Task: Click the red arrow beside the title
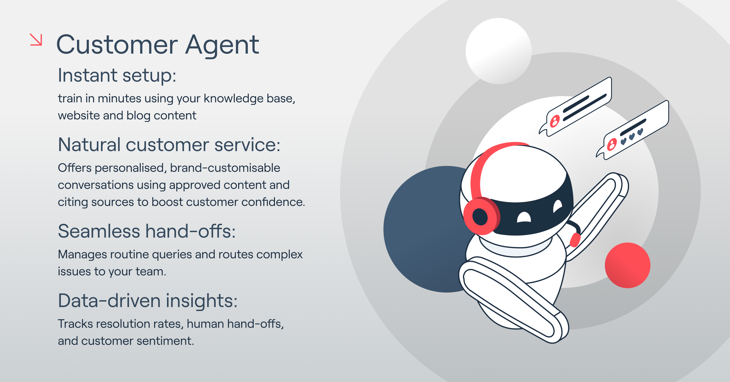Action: click(x=36, y=40)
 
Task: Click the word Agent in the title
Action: click(x=222, y=45)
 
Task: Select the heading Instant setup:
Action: click(x=117, y=75)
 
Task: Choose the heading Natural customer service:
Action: click(x=169, y=145)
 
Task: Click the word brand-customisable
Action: click(x=225, y=168)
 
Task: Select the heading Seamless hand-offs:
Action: click(x=147, y=231)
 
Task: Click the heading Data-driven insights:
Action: click(x=148, y=301)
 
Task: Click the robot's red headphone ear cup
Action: click(x=481, y=216)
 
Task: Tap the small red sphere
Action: click(x=627, y=265)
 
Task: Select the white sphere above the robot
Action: click(x=499, y=51)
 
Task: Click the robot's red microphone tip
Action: click(x=575, y=240)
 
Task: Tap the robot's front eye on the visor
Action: click(x=524, y=217)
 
